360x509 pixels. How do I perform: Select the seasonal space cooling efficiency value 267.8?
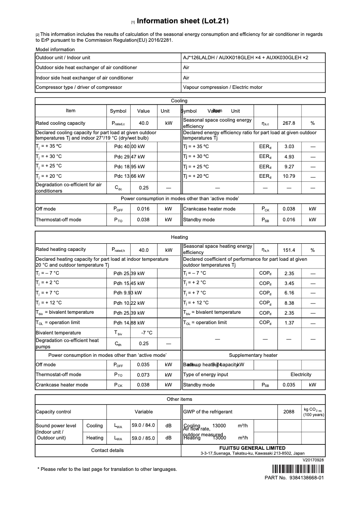coord(289,123)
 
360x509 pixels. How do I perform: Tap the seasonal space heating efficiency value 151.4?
coord(289,250)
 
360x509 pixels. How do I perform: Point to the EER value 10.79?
coord(289,176)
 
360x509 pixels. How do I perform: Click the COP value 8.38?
coord(289,303)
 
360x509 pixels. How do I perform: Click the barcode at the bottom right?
coord(298,470)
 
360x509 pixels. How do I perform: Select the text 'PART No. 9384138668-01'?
coord(294,478)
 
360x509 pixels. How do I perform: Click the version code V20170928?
coord(313,460)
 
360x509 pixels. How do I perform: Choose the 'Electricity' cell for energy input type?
coord(301,374)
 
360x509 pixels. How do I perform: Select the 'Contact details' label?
coord(107,450)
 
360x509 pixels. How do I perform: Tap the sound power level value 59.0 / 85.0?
coord(143,438)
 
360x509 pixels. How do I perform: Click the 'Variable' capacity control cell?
coord(144,412)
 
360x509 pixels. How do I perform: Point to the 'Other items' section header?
coord(180,399)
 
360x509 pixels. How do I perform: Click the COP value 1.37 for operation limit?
coord(289,323)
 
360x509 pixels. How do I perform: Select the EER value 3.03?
coord(289,147)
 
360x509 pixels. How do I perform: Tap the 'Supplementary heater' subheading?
coord(253,355)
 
